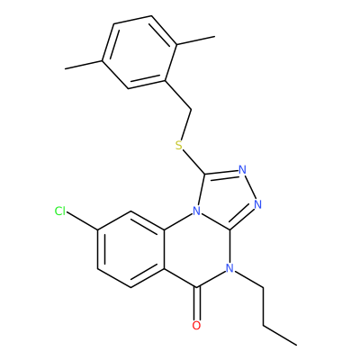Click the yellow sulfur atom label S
179,146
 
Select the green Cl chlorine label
60,211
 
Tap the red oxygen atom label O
196,326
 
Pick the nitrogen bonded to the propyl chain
229,268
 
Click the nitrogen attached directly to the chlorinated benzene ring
196,211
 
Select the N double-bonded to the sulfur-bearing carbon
243,170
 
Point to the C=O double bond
196,303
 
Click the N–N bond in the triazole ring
250,187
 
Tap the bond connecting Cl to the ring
82,221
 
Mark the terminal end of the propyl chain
297,345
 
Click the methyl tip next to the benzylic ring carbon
215,37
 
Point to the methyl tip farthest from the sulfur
65,69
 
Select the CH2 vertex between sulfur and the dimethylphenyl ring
191,109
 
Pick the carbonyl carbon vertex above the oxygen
196,287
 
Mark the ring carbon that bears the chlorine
98,230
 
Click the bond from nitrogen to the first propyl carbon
248,280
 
